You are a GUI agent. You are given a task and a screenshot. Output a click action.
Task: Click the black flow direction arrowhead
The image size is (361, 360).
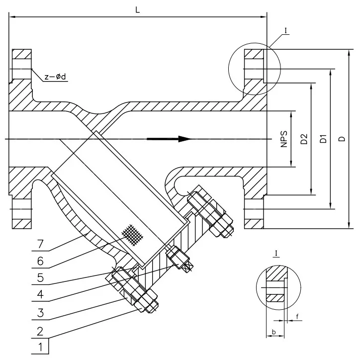[x=185, y=139]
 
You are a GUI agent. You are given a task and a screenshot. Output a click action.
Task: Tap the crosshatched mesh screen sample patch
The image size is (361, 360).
[x=131, y=235]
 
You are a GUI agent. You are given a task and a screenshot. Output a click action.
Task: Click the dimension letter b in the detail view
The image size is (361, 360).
[x=274, y=331]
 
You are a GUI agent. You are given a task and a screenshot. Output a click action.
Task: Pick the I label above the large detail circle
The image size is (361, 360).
[x=287, y=31]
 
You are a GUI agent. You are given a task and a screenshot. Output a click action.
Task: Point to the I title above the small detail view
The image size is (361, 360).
[x=275, y=254]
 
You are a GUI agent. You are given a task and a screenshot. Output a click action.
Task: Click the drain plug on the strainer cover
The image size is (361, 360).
[x=180, y=259]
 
